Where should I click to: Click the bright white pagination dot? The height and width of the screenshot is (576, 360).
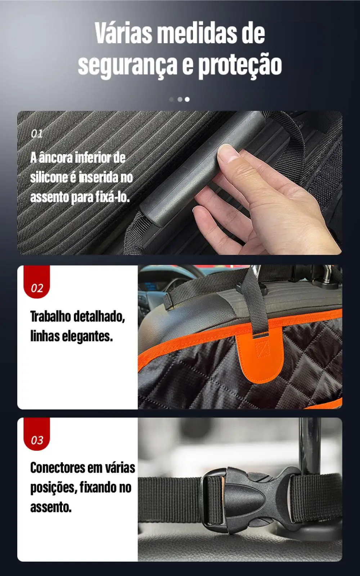[x=187, y=99]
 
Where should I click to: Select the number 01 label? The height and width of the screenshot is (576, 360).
[x=37, y=134]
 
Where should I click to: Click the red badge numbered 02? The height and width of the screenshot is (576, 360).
[x=37, y=287]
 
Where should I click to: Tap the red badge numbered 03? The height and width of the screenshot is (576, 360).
[x=37, y=439]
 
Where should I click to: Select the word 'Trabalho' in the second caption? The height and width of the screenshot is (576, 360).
[x=50, y=316]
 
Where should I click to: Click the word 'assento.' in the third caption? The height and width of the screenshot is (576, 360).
[x=51, y=507]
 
